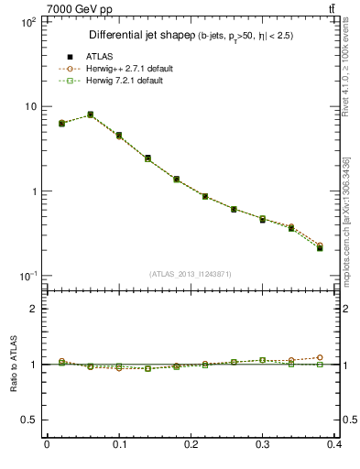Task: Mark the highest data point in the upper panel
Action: [x=90, y=115]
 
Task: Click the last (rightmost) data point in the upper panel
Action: [x=320, y=247]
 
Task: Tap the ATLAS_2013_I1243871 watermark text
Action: [x=190, y=274]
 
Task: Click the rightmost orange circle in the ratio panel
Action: [x=320, y=357]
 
